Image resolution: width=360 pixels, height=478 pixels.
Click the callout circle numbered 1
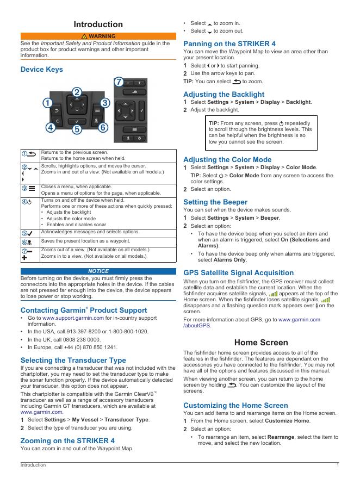pyautogui.click(x=48, y=102)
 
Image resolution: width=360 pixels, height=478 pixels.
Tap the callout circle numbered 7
pyautogui.click(x=119, y=82)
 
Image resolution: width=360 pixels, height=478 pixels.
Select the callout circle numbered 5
pyautogui.click(x=77, y=129)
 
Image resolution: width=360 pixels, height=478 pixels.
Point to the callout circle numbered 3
pyautogui.click(x=105, y=102)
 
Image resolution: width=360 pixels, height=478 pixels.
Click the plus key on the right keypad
pyautogui.click(x=139, y=83)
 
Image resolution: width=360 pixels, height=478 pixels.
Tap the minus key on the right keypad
pyautogui.click(x=129, y=83)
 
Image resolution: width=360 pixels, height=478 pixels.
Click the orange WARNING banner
pyautogui.click(x=98, y=36)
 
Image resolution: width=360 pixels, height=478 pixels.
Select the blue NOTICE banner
pyautogui.click(x=98, y=271)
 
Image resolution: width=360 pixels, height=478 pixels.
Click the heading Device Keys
pyautogui.click(x=41, y=69)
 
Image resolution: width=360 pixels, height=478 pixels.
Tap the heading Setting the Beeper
pyautogui.click(x=215, y=202)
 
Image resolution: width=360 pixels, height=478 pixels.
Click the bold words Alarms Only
pyautogui.click(x=229, y=260)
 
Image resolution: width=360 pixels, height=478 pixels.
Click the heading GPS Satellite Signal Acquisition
pyautogui.click(x=238, y=272)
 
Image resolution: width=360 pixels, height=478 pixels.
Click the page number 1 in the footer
pyautogui.click(x=338, y=465)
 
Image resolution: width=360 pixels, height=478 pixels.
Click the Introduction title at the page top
pyautogui.click(x=98, y=24)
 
